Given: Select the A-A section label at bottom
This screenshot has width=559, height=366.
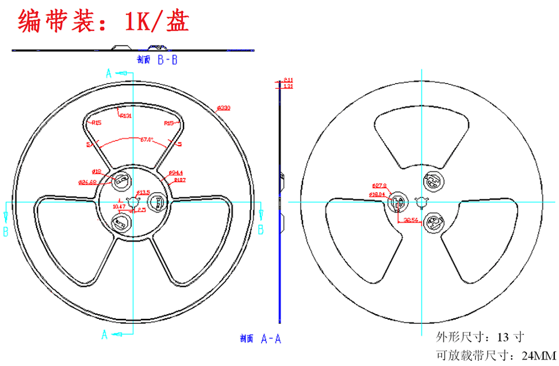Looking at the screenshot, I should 270,338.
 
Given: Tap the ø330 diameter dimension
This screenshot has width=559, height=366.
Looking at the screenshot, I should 223,108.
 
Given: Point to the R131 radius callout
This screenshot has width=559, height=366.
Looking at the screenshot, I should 125,115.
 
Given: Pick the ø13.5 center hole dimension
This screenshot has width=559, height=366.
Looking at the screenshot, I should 143,192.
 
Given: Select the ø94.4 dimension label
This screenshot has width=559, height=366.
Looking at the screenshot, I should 176,173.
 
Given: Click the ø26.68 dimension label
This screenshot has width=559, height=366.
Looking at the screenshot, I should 87,182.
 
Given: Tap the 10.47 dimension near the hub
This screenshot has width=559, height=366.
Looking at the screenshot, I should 118,206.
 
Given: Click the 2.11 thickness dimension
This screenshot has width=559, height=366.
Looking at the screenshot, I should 289,80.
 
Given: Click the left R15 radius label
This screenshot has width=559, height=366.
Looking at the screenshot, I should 94,123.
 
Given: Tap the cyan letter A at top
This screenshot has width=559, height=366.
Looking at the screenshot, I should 108,73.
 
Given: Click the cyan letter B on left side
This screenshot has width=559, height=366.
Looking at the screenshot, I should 5,231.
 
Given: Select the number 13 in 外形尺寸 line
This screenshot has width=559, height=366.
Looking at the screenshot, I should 503,337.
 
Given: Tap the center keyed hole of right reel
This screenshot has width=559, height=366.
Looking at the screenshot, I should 422,201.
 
